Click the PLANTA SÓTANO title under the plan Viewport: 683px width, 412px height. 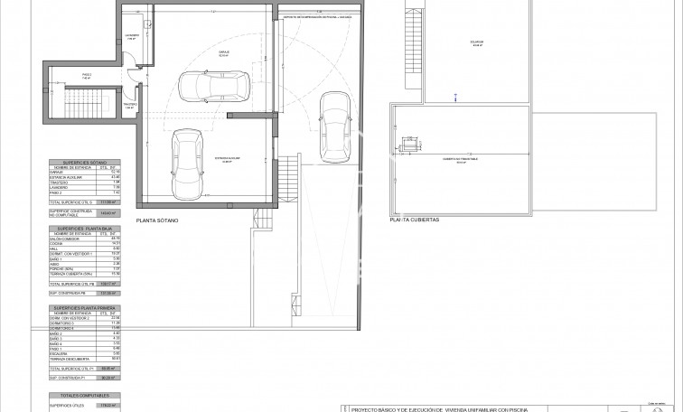pyautogui.click(x=157, y=220)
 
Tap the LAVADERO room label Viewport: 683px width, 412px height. pyautogui.click(x=131, y=37)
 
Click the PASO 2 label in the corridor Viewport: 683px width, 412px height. pyautogui.click(x=87, y=78)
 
